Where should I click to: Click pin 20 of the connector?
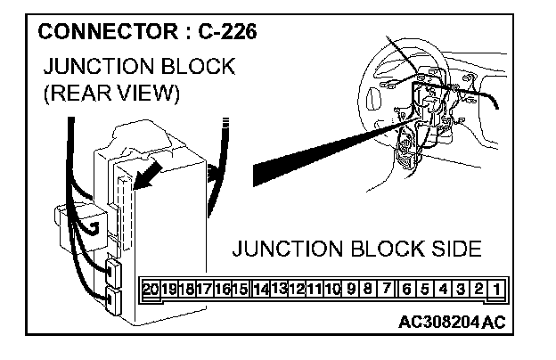point(151,289)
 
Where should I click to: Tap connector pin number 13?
point(278,289)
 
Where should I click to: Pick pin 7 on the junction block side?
point(388,289)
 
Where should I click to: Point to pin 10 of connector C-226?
point(333,289)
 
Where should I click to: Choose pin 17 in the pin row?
point(204,289)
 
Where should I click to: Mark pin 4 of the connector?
point(443,289)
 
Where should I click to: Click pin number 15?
point(241,289)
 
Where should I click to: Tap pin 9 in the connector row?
point(352,289)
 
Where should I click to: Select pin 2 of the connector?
point(478,289)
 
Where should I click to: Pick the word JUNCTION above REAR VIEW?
point(95,68)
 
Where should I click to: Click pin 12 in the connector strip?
point(297,289)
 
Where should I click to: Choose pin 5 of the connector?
point(425,289)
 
